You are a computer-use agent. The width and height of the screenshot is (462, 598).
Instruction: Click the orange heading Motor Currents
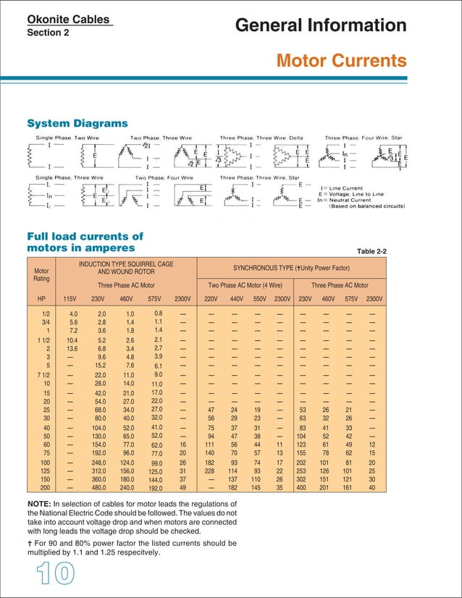tap(341, 59)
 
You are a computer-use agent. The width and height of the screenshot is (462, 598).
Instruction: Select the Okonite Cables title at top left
tap(63, 20)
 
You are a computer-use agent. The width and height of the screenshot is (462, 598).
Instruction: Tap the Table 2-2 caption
tap(372, 250)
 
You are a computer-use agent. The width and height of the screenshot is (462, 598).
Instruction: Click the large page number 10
tap(46, 572)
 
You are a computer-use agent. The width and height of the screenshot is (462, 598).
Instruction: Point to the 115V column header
tap(70, 299)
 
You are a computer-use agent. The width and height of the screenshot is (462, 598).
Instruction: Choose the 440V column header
tap(237, 299)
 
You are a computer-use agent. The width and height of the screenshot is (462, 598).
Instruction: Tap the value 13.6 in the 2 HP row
tap(72, 348)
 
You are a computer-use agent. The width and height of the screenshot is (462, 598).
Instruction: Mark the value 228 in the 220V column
tap(209, 471)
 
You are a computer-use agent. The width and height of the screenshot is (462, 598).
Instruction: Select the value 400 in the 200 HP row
tap(305, 488)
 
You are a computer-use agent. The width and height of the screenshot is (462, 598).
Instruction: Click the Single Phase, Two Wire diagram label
tap(65, 137)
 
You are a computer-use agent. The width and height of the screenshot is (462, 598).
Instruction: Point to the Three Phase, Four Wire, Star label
tap(363, 137)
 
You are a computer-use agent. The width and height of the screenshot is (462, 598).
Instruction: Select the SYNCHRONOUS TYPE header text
tap(292, 269)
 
